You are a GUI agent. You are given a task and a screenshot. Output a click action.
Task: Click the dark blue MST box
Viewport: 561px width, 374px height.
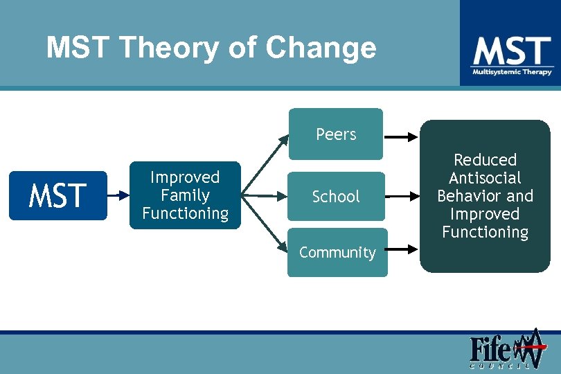tap(58, 195)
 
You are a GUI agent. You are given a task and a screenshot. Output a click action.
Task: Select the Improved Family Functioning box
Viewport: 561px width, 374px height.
tap(185, 195)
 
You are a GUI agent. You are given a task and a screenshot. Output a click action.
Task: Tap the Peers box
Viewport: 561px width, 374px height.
tap(336, 134)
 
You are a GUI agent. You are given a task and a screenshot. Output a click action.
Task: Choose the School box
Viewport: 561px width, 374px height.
tap(336, 197)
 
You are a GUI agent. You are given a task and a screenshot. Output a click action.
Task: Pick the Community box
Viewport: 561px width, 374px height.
tap(337, 253)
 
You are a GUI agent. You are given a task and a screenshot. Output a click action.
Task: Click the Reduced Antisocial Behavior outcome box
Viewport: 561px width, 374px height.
tap(485, 197)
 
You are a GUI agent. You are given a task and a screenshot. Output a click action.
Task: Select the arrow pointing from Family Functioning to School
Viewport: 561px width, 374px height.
tap(263, 197)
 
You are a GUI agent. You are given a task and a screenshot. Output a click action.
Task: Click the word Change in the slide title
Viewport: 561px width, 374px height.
tap(321, 48)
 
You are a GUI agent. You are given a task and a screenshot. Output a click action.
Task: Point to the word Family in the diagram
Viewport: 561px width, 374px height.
tap(185, 195)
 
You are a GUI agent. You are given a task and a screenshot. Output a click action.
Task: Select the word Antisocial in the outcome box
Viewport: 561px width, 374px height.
tap(485, 178)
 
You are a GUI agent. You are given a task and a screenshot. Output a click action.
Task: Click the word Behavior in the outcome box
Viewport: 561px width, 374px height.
tap(467, 196)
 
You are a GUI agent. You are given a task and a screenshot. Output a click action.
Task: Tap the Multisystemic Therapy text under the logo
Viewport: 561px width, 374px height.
tap(512, 71)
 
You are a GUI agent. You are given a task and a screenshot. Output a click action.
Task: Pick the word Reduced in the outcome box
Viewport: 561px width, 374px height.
tap(485, 160)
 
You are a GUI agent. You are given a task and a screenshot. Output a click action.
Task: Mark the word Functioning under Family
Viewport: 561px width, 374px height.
tap(185, 213)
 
